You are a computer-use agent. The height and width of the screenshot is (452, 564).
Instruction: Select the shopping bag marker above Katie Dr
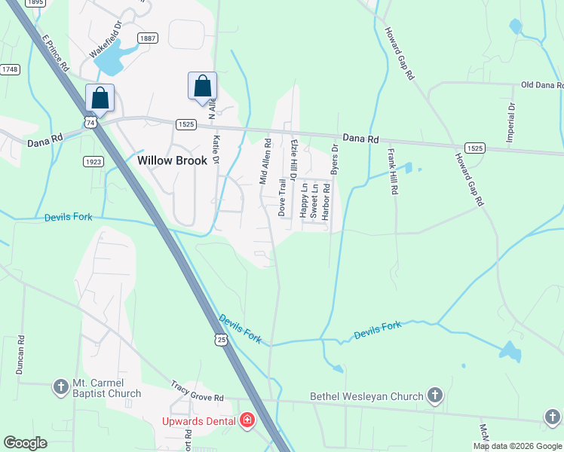[x=202, y=87]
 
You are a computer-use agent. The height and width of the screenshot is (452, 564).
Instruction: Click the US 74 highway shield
[x=90, y=122]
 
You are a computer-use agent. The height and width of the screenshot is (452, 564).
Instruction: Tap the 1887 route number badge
[x=147, y=38]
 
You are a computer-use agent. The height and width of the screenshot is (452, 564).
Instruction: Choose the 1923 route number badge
[x=93, y=161]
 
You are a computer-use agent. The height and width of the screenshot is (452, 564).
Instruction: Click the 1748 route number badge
[x=10, y=69]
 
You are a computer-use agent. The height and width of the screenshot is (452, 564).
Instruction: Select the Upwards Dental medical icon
[x=247, y=420]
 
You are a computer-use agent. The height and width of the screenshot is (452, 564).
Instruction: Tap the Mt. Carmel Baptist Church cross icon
[x=61, y=387]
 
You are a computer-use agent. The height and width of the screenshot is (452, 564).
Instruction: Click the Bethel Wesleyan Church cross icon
[x=434, y=395]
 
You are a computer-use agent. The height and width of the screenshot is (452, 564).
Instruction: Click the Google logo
[x=26, y=443]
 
